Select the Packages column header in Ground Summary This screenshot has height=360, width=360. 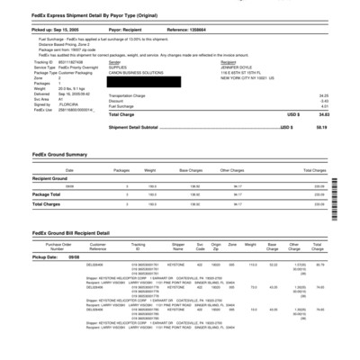(x=121, y=170)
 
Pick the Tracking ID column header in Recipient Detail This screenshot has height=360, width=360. (x=138, y=246)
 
